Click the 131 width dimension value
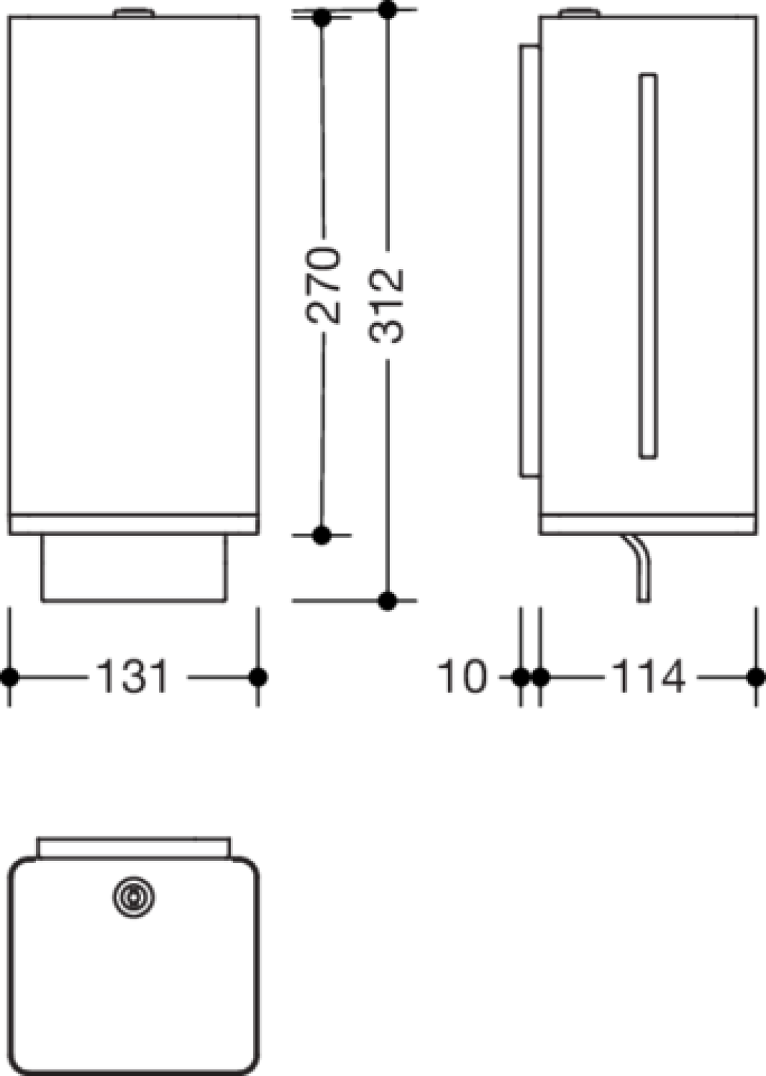click(x=133, y=676)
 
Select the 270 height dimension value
click(x=322, y=285)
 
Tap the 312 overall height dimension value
click(x=386, y=306)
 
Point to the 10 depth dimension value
click(x=462, y=676)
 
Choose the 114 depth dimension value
click(x=648, y=676)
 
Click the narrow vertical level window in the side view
click(x=648, y=265)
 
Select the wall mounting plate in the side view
click(x=530, y=261)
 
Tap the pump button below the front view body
click(x=134, y=568)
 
